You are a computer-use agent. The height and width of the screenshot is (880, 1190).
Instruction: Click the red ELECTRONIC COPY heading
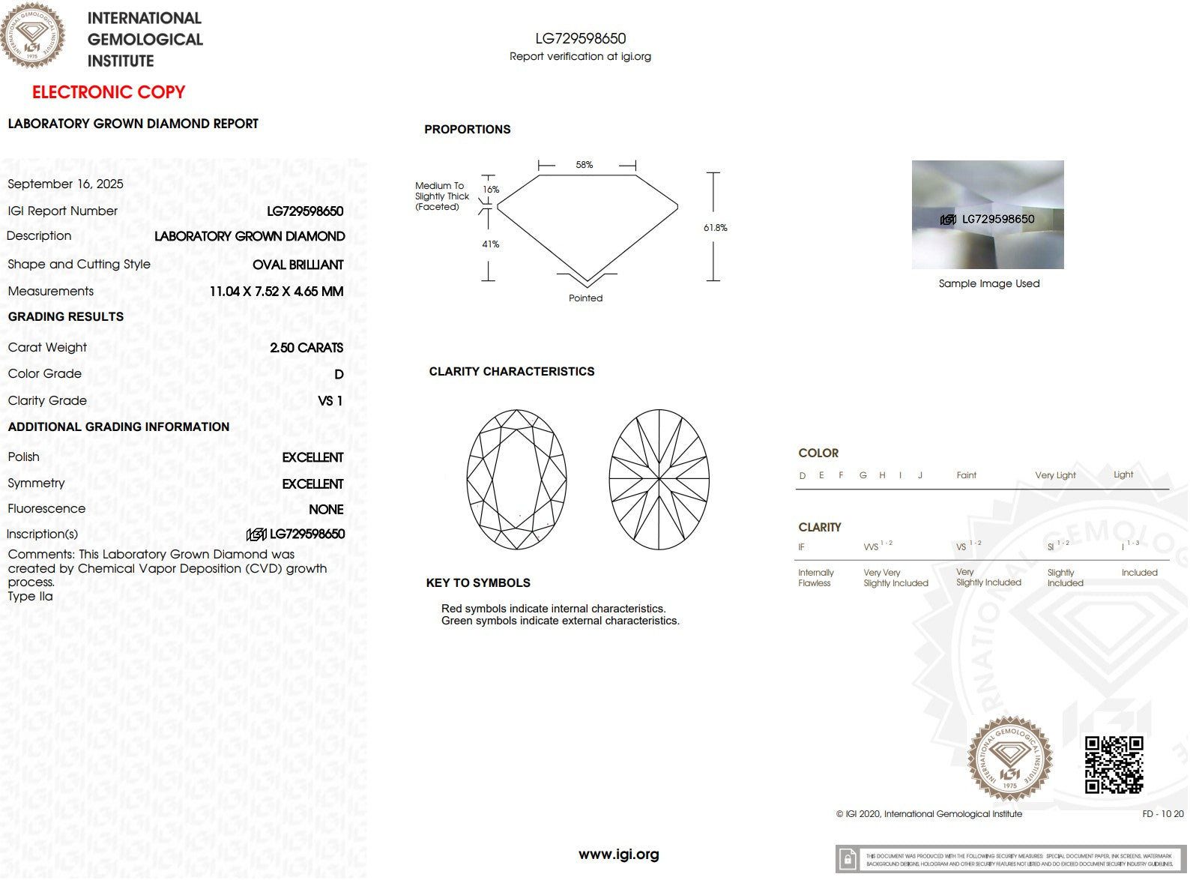coord(109,92)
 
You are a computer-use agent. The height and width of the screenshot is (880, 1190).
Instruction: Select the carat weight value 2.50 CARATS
coord(306,348)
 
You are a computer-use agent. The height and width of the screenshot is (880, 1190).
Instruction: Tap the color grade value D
coord(339,374)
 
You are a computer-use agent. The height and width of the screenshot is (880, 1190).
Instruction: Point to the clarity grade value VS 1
coord(330,401)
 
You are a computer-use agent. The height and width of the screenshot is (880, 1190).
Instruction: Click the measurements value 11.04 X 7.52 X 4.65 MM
coord(277,292)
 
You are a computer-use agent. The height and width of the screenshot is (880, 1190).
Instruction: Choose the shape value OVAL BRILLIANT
coord(297,265)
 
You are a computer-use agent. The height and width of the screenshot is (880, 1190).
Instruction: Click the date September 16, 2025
coord(66,184)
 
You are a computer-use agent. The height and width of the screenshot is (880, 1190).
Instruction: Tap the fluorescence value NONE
coord(326,510)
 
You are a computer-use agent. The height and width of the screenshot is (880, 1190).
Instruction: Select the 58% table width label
coord(585,165)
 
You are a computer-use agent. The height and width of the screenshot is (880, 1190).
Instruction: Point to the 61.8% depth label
coord(715,228)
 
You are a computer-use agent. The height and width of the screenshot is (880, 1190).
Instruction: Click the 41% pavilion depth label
coord(490,244)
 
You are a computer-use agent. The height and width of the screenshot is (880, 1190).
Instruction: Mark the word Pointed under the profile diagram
coord(585,298)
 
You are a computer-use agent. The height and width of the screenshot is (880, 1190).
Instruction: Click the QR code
coord(1114,765)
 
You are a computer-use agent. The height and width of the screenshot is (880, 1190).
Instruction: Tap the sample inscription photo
coord(988,214)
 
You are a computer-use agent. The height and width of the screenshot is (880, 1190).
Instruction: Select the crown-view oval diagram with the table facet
coord(516,479)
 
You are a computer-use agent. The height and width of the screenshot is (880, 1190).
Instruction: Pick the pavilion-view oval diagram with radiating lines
coord(659,479)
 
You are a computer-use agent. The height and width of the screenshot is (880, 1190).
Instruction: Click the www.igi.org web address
coord(618,855)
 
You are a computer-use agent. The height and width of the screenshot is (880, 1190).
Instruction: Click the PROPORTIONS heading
coord(468,130)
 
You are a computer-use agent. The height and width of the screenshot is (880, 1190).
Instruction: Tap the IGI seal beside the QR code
coord(1009,759)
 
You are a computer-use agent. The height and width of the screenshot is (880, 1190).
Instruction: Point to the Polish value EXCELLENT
coord(312,457)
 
